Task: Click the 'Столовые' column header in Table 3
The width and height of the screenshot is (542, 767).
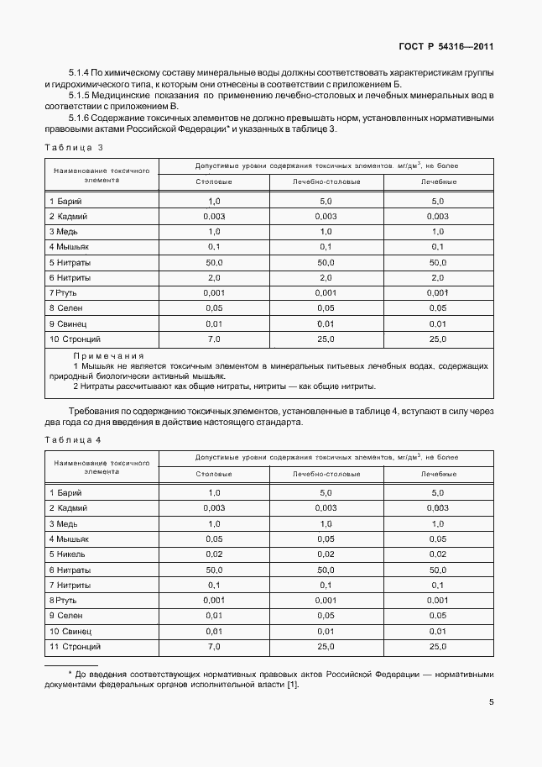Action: click(214, 181)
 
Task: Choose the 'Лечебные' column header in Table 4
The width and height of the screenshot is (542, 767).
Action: click(438, 474)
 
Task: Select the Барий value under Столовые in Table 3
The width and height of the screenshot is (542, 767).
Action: click(214, 202)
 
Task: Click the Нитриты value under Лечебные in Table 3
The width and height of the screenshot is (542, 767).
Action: click(438, 277)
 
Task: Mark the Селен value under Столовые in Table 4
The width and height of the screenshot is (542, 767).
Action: click(214, 616)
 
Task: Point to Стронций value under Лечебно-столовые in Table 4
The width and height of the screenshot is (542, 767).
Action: click(326, 646)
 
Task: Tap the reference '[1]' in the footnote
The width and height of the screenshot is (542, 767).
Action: click(292, 685)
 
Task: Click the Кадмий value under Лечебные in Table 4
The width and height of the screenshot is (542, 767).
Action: click(438, 508)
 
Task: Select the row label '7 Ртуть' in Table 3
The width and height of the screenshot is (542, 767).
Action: click(66, 292)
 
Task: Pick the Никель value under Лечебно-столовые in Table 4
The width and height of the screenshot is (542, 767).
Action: click(326, 554)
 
